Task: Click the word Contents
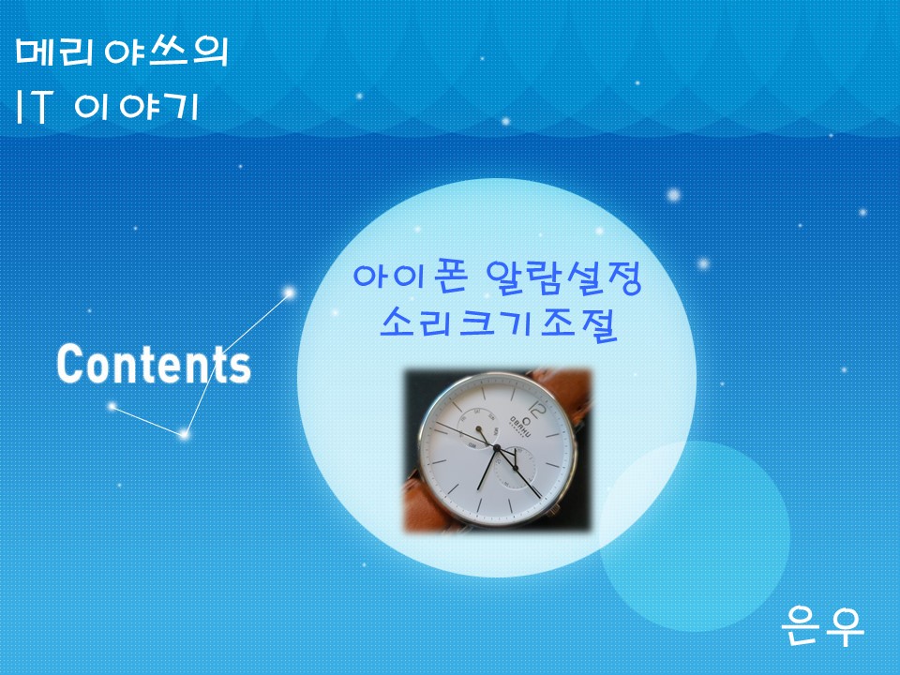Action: pos(154,364)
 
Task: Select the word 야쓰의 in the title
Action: pos(166,52)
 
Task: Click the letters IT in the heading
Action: pos(34,106)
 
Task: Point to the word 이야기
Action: pos(137,106)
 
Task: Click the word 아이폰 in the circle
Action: pos(410,277)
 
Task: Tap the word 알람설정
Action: pos(562,277)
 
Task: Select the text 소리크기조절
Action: pos(498,324)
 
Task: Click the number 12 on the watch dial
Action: pos(537,411)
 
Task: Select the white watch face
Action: pos(496,450)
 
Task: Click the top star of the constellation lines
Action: pos(290,293)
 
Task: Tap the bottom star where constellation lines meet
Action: pos(184,434)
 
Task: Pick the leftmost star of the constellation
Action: pos(112,406)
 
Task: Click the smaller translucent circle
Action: pos(695,536)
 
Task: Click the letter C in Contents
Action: pos(68,364)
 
